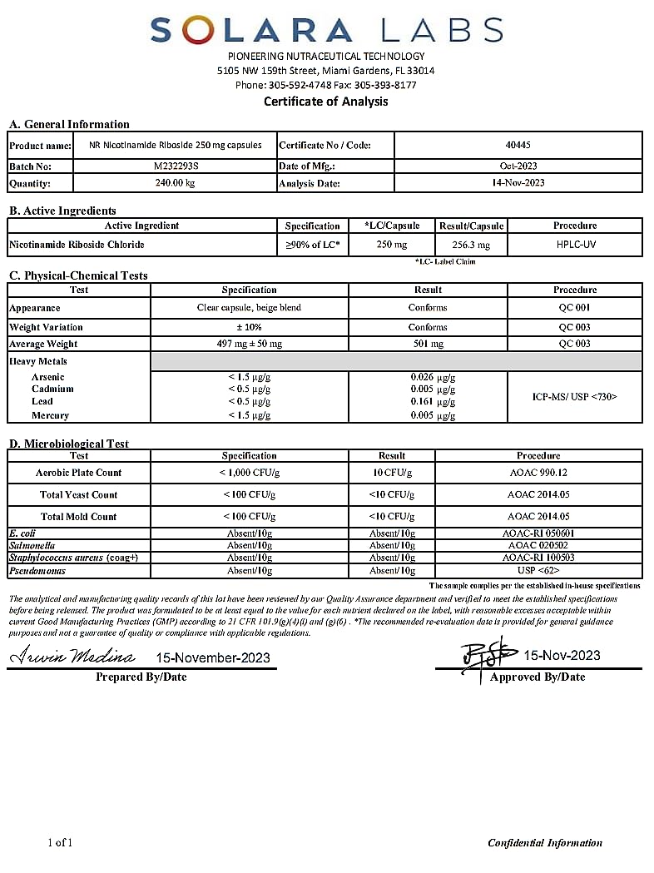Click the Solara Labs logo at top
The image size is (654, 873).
tap(326, 31)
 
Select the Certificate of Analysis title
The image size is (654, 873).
tap(326, 102)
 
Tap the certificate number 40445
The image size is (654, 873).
tap(518, 145)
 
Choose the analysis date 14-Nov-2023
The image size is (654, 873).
tap(518, 183)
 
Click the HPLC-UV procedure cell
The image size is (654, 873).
tap(575, 245)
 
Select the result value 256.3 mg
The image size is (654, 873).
tap(471, 246)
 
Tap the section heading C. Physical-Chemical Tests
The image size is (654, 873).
tap(78, 275)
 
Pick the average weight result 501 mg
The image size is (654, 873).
tap(428, 344)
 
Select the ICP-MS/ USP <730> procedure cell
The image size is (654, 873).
tap(575, 397)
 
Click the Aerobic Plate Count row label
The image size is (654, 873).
tap(78, 473)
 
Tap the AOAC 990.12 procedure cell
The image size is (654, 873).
tap(538, 473)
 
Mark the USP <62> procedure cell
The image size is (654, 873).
tap(538, 570)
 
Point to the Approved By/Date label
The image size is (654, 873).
tap(538, 677)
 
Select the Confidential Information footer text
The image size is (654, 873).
tap(545, 843)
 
